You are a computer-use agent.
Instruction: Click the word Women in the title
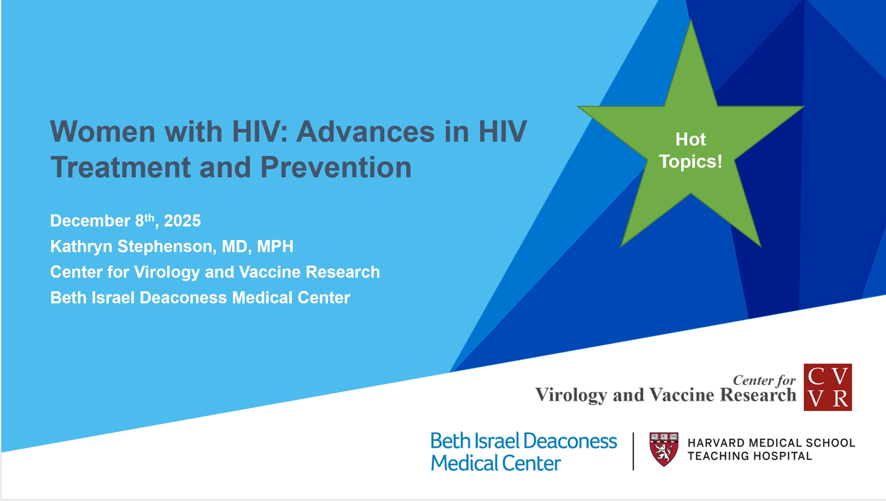point(103,132)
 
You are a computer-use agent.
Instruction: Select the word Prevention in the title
point(336,167)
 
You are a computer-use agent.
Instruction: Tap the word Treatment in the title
point(121,167)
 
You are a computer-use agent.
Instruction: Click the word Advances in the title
point(366,132)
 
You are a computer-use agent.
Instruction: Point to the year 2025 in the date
point(182,221)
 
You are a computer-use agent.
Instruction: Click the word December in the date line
point(90,221)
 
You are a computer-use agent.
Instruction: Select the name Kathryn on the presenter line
point(81,246)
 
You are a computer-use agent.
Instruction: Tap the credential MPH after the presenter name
point(275,246)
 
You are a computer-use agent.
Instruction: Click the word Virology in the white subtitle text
point(167,272)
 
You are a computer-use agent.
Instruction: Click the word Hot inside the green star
point(690,139)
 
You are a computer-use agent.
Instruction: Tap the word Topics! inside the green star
point(690,162)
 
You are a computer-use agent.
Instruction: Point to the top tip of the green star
point(691,19)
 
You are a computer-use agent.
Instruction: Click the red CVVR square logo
point(828,387)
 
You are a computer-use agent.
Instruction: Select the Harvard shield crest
point(664,449)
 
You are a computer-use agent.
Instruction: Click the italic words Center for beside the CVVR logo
point(764,380)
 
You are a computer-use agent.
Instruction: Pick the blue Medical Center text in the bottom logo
point(496,463)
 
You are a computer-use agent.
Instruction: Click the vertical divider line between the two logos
point(633,451)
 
